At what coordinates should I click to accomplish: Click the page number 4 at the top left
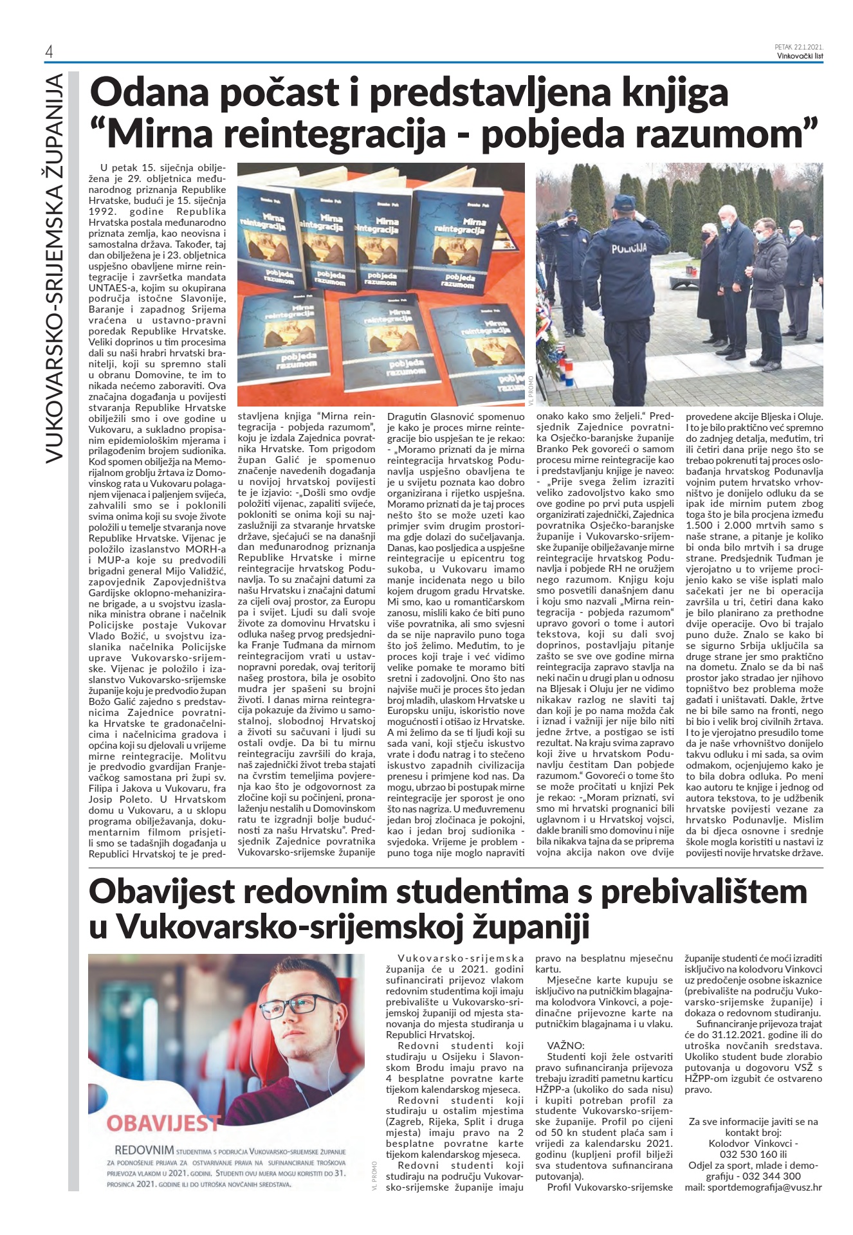[x=49, y=51]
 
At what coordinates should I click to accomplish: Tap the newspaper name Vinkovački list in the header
[x=800, y=55]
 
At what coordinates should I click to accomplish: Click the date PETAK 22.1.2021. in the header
[x=799, y=47]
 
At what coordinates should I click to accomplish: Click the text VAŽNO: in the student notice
[x=566, y=1045]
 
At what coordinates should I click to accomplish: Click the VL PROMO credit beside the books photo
[x=530, y=390]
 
